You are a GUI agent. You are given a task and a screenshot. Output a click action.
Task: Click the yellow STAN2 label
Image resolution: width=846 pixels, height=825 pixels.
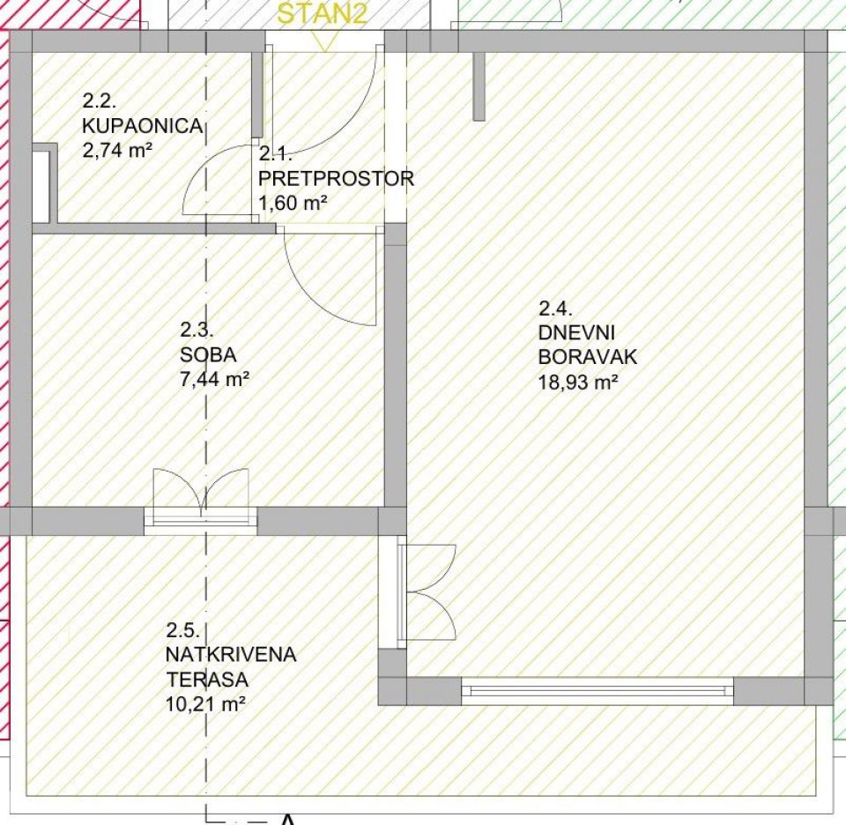[x=323, y=13]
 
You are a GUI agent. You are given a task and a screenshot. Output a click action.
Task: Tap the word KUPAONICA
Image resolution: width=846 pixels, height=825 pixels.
[x=143, y=126]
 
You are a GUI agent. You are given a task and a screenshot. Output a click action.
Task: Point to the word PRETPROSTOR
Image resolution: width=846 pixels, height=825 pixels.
[x=336, y=179]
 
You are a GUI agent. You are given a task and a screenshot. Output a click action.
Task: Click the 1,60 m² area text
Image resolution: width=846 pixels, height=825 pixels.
[x=293, y=204]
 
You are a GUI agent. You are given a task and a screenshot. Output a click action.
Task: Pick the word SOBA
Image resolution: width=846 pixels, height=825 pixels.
[x=208, y=355]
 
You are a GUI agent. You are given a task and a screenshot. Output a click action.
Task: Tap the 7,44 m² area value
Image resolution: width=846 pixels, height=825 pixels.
[x=215, y=379]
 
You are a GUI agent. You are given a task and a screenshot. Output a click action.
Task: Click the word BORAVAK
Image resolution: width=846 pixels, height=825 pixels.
[x=588, y=357]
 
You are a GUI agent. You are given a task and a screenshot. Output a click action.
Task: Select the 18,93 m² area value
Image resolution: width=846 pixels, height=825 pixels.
[x=578, y=383]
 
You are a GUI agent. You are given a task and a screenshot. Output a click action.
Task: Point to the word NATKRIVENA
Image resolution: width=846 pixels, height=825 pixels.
[x=231, y=655]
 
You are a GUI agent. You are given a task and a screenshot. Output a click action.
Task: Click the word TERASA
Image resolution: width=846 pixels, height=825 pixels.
[x=207, y=680]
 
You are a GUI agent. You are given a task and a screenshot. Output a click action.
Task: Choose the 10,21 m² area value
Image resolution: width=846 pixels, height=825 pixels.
[x=206, y=704]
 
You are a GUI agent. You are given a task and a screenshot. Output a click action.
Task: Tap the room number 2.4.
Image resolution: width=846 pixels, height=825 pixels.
[x=555, y=308]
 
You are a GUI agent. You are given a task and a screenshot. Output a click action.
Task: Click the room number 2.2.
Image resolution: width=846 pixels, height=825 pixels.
[x=100, y=100]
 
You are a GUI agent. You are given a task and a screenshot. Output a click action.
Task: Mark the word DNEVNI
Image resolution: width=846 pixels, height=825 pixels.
[x=576, y=332]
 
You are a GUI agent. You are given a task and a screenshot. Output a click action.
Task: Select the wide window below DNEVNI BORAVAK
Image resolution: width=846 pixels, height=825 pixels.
[x=597, y=691]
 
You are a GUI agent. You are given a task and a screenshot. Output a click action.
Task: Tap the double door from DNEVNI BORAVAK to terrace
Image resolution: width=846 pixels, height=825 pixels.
[x=418, y=592]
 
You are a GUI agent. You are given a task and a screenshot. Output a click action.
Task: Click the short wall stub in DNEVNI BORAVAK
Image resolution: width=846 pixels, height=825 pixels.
[x=479, y=86]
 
